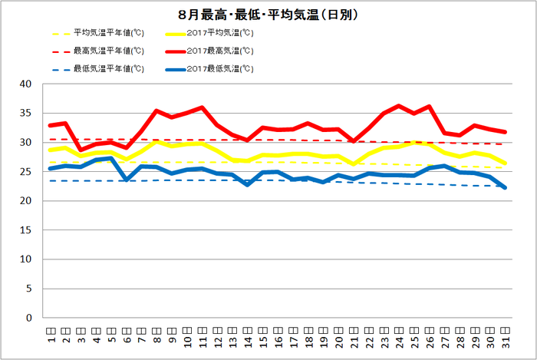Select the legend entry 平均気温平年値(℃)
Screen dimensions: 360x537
coord(108,33)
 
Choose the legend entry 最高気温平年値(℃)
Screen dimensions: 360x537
coord(108,51)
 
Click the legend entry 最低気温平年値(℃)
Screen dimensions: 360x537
coord(108,68)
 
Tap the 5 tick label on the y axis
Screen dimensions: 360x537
coord(28,289)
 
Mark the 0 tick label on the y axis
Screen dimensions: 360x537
coord(28,318)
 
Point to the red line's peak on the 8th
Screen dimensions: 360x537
coord(156,111)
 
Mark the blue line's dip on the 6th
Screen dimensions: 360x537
coord(127,180)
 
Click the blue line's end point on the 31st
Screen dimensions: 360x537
coord(505,187)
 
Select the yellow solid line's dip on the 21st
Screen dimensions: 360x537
coord(354,163)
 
